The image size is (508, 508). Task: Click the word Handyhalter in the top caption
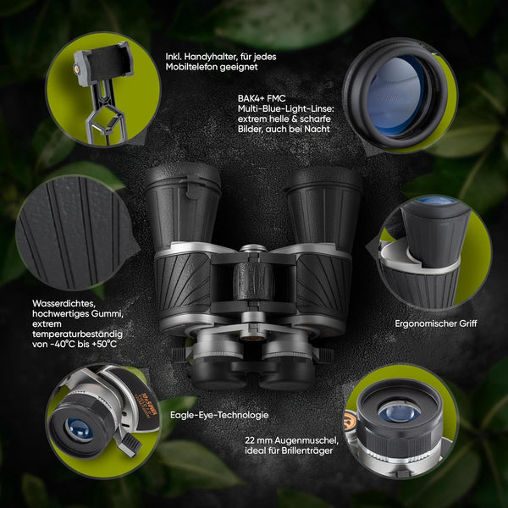pos(207,57)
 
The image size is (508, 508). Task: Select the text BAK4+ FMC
pos(262,98)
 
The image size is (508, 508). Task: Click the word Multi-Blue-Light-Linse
pos(285,108)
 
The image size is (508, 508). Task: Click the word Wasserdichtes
pos(63,304)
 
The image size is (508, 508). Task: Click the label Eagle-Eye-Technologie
pos(219,415)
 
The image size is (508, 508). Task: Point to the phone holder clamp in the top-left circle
pos(102,63)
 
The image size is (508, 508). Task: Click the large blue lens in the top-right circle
pos(395,96)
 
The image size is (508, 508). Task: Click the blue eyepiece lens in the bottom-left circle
pos(79,430)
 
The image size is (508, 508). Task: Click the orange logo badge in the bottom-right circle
pos(351,422)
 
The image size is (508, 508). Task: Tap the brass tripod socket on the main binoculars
pos(252,338)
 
